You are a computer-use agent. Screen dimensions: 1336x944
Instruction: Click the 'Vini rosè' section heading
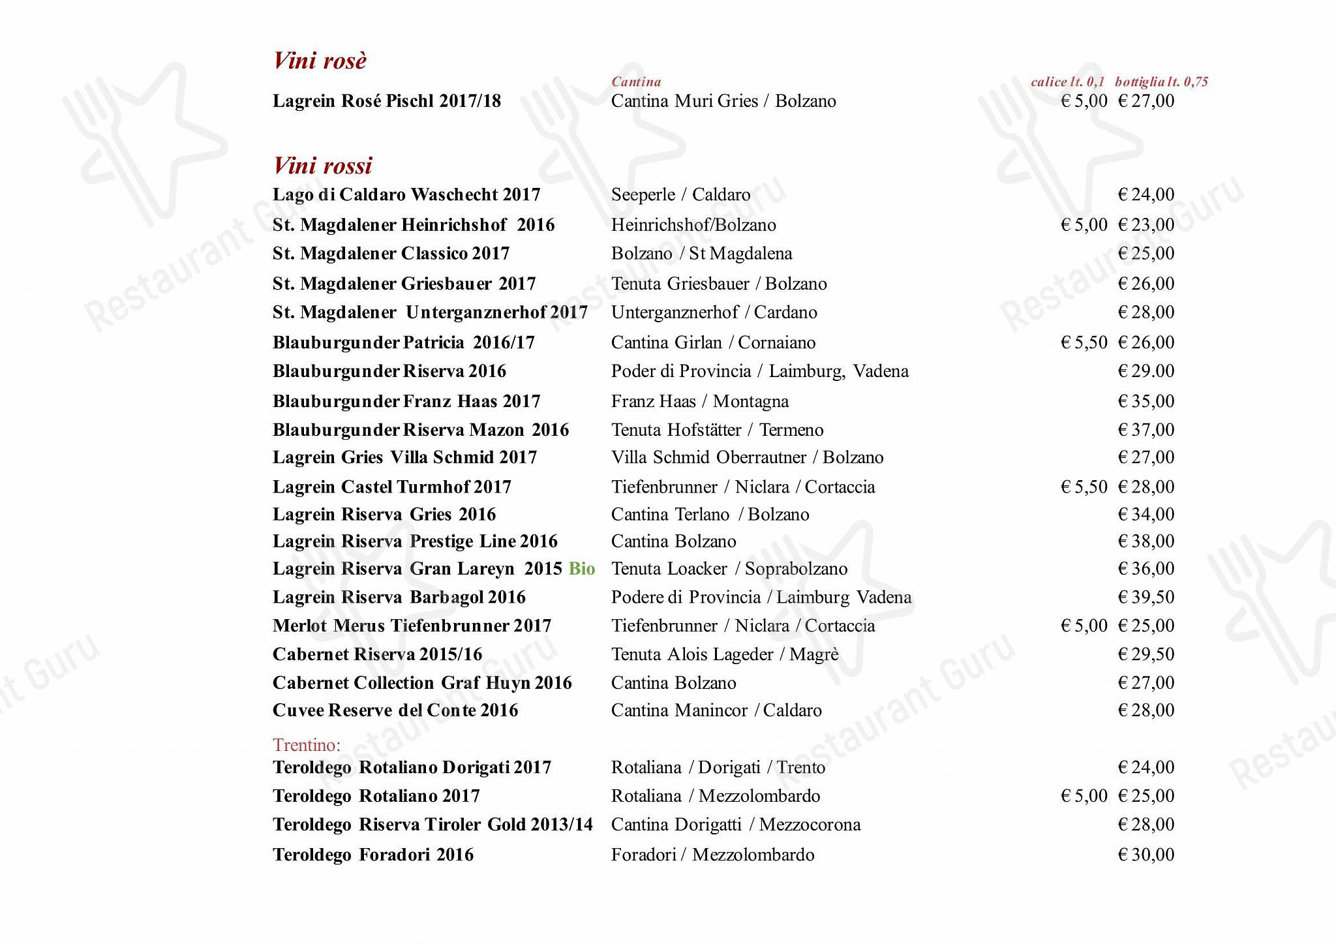click(320, 61)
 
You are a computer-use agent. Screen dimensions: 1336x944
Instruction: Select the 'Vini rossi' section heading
click(322, 166)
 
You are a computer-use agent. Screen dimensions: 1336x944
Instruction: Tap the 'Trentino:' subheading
click(307, 745)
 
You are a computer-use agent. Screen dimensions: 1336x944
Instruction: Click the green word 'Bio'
click(582, 569)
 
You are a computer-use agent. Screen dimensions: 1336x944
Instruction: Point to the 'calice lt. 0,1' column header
click(1067, 82)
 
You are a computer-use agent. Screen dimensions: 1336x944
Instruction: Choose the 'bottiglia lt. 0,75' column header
click(1161, 82)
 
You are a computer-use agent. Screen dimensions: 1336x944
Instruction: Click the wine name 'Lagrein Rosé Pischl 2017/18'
click(387, 101)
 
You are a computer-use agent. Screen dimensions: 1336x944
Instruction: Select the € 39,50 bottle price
click(1146, 597)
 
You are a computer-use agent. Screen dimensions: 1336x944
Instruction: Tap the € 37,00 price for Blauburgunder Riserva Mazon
click(1146, 430)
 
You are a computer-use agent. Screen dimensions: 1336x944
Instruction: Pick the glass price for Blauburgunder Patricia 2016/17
click(1084, 343)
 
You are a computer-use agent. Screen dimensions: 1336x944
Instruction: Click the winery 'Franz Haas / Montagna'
click(700, 401)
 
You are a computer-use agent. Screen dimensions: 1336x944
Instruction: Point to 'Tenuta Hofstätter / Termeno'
click(717, 430)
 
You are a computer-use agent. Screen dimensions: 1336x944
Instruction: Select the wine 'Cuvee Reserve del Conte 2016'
click(395, 710)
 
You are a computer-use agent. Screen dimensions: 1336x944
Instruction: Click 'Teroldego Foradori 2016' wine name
click(373, 855)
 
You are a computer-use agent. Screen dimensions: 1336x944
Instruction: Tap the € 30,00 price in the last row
click(1146, 855)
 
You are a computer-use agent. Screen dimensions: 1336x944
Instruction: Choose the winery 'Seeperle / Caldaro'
click(680, 194)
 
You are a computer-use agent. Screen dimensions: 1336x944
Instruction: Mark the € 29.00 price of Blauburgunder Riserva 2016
click(1146, 371)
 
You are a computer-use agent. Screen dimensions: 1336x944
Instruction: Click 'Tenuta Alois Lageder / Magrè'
click(725, 654)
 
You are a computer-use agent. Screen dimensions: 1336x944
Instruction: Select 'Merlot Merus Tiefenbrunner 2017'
click(412, 626)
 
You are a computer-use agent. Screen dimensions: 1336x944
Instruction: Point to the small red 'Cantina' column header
click(636, 82)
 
